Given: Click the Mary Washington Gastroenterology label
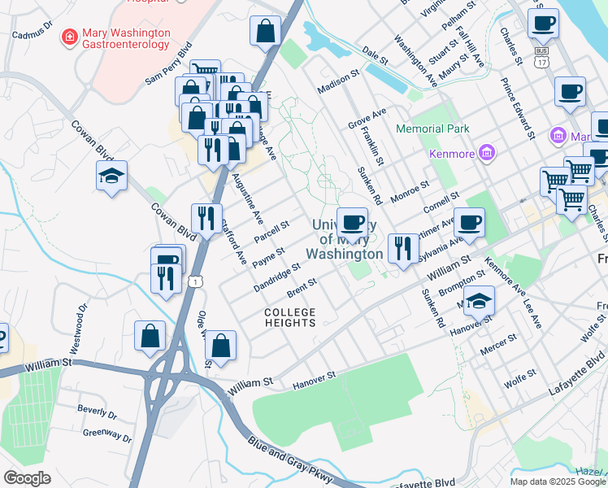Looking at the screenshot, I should [x=126, y=39].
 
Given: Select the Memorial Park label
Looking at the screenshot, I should [x=432, y=129].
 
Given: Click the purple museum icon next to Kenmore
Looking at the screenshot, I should [x=486, y=151].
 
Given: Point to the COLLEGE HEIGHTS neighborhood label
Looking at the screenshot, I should [x=289, y=317].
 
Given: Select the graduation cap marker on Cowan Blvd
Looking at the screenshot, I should [x=111, y=175].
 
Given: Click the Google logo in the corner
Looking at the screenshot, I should [x=27, y=478].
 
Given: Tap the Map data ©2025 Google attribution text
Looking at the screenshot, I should [x=558, y=481].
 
